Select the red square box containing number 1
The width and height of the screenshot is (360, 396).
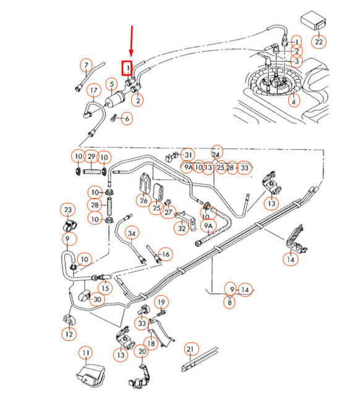click(x=127, y=66)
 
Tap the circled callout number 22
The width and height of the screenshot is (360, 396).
click(x=319, y=42)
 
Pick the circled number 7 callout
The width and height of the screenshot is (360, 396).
click(x=85, y=66)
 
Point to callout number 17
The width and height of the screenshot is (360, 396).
click(x=93, y=92)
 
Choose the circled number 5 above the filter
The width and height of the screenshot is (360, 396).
click(x=111, y=84)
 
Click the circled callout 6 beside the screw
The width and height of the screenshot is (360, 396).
click(x=127, y=118)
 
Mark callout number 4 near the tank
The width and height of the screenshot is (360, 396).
click(x=293, y=101)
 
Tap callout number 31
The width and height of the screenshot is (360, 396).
click(x=188, y=155)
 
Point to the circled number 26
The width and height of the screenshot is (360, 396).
click(x=144, y=200)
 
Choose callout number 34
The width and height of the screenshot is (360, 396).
click(x=132, y=233)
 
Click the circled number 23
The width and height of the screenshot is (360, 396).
click(x=68, y=210)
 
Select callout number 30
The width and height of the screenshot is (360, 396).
click(x=97, y=299)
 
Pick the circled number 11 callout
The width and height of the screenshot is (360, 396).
click(x=86, y=353)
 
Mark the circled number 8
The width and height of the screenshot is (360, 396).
click(x=230, y=302)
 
